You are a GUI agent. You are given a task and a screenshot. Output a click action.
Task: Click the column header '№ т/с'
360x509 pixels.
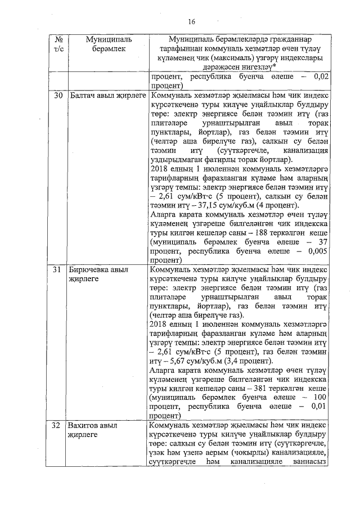(x=58, y=44)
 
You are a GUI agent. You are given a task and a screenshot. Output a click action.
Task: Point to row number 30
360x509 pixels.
(x=58, y=96)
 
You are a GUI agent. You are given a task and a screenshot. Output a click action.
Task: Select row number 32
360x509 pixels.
(x=58, y=425)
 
